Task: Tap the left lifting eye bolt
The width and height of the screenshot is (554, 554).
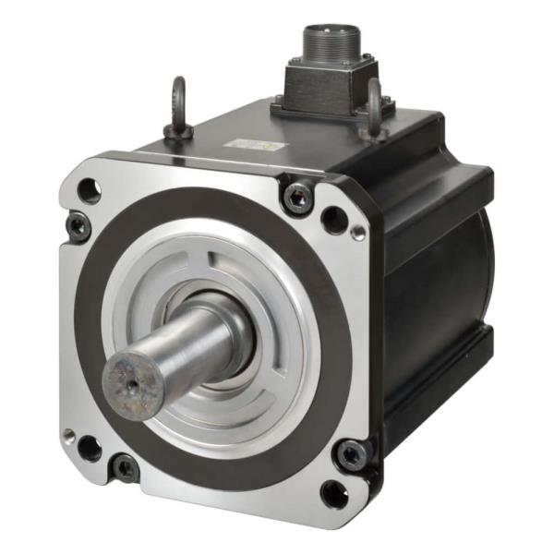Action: (177, 109)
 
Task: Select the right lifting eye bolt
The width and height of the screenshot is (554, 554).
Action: (374, 108)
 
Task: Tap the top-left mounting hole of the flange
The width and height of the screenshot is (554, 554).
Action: (90, 191)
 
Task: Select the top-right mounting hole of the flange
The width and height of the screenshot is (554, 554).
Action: (333, 220)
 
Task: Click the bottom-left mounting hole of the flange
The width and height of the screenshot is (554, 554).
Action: (90, 448)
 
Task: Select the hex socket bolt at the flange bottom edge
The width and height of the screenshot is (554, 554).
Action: (124, 467)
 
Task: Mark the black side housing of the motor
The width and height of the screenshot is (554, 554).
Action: (434, 295)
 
